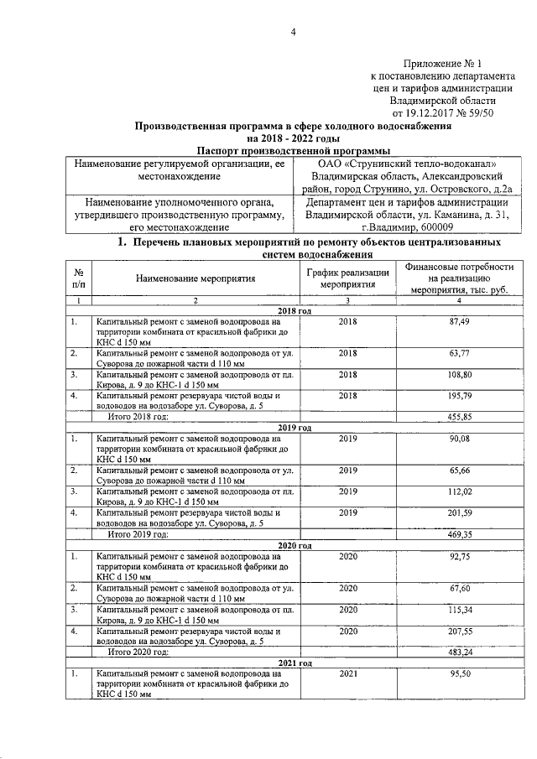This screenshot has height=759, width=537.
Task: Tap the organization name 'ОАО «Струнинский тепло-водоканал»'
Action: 406,164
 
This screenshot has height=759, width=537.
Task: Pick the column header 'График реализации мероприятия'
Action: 347,278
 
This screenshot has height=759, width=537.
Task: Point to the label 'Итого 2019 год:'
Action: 137,533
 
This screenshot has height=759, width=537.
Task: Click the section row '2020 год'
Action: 294,545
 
